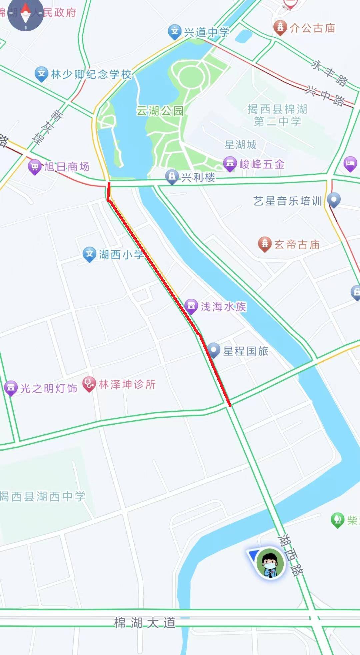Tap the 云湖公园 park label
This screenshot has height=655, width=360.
[160, 110]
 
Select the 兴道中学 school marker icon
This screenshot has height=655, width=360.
[174, 32]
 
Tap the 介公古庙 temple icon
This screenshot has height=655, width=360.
[280, 27]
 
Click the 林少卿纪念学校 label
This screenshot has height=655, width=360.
[91, 74]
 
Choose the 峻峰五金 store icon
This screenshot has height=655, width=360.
[230, 164]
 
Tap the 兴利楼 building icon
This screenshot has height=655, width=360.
[172, 176]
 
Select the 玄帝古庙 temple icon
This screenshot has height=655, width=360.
[265, 244]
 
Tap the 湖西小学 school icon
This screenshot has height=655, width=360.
[89, 254]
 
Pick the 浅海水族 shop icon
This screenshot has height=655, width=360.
[191, 306]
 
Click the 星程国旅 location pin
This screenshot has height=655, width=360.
[214, 350]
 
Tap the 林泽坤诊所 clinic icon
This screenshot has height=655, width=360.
[89, 384]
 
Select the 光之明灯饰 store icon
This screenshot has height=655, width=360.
[11, 388]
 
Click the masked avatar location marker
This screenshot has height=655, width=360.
[270, 563]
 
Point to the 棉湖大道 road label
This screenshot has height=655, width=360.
[145, 622]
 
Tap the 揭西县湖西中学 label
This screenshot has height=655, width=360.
[43, 496]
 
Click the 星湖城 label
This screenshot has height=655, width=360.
[240, 145]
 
